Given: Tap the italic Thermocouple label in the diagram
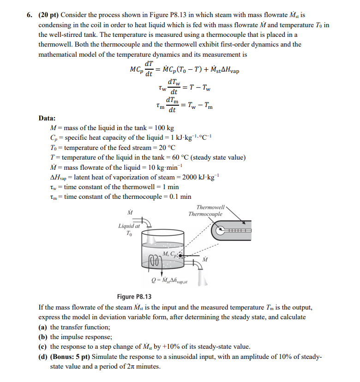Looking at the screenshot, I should click(x=205, y=214).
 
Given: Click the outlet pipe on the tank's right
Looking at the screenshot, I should click(x=198, y=264).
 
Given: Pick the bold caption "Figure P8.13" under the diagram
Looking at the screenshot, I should click(x=134, y=297).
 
